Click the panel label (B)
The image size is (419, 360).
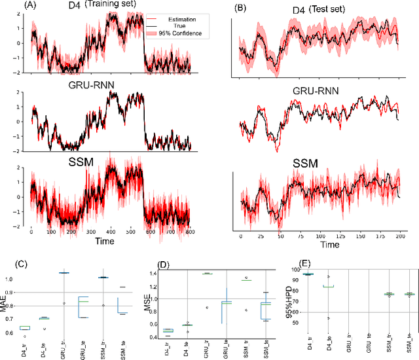point(241,10)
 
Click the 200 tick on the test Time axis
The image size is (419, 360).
point(398,236)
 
